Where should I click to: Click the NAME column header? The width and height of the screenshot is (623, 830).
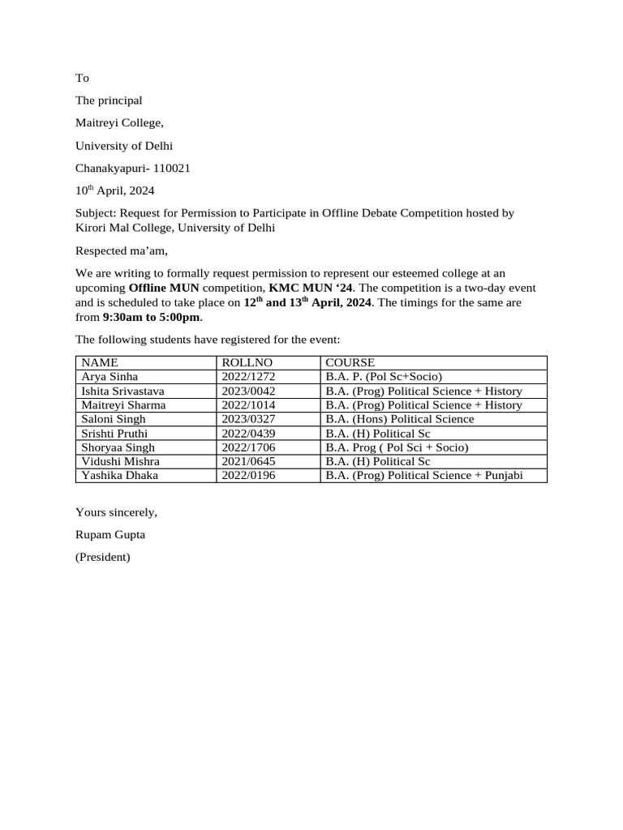[x=100, y=362]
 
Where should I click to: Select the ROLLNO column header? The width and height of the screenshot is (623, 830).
[x=247, y=362]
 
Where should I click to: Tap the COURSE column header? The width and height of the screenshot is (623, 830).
[x=350, y=362]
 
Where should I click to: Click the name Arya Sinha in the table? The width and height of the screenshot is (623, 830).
[x=110, y=376]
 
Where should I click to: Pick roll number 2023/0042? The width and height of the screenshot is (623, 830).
[x=248, y=391]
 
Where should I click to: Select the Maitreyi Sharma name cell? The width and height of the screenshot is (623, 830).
[x=123, y=404]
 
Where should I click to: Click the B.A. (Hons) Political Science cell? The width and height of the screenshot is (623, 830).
[x=399, y=419]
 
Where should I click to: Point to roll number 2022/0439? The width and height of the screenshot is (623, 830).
[x=248, y=433]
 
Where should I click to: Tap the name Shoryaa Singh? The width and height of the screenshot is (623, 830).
[x=118, y=447]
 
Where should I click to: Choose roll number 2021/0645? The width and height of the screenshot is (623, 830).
[x=248, y=461]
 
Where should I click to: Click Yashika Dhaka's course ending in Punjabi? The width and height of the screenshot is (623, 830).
[x=423, y=475]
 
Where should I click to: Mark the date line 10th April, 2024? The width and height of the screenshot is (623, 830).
[x=114, y=191]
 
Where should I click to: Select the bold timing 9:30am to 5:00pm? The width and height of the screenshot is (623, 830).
[x=152, y=317]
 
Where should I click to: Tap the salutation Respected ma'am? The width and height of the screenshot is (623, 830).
[x=121, y=250]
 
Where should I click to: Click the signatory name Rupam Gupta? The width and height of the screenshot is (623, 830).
[x=110, y=535]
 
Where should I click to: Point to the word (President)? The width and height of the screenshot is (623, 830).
[x=102, y=557]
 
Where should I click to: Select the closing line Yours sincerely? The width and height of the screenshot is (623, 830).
[x=116, y=512]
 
